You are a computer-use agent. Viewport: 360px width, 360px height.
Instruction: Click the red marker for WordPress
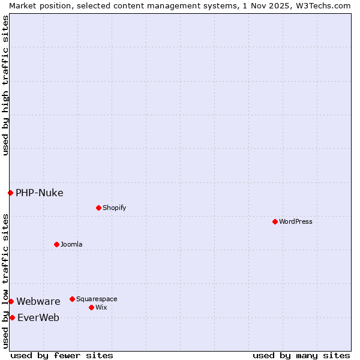click(275, 221)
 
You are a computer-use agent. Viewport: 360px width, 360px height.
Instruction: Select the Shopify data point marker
click(98, 208)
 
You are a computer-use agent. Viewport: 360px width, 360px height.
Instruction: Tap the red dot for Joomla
click(56, 244)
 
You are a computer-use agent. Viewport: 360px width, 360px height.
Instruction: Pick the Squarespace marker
click(72, 299)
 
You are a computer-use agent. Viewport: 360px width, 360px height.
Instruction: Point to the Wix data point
click(91, 307)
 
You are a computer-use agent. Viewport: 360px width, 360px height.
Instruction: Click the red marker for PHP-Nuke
click(10, 193)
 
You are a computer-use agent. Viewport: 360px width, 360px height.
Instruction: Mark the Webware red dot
click(11, 301)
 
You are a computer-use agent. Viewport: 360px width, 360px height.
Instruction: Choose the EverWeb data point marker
click(12, 317)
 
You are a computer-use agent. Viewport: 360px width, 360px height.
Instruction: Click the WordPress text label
click(296, 221)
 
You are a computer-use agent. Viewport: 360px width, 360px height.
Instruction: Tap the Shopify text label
click(114, 208)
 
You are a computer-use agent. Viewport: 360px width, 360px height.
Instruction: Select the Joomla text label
click(71, 244)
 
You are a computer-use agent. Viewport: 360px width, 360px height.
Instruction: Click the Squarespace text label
click(97, 299)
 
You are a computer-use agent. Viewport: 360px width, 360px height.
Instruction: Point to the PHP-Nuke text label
click(40, 193)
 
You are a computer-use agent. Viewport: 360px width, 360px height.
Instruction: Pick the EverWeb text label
click(38, 317)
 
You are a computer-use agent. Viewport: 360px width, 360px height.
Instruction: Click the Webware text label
click(38, 301)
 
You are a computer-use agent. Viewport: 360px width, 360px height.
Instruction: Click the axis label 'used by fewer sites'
click(62, 355)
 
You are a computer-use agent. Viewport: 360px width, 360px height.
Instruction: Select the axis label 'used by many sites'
click(301, 355)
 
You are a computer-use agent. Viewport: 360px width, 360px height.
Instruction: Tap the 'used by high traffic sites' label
click(5, 85)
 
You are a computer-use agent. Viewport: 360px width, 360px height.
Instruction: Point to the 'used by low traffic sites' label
click(5, 281)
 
